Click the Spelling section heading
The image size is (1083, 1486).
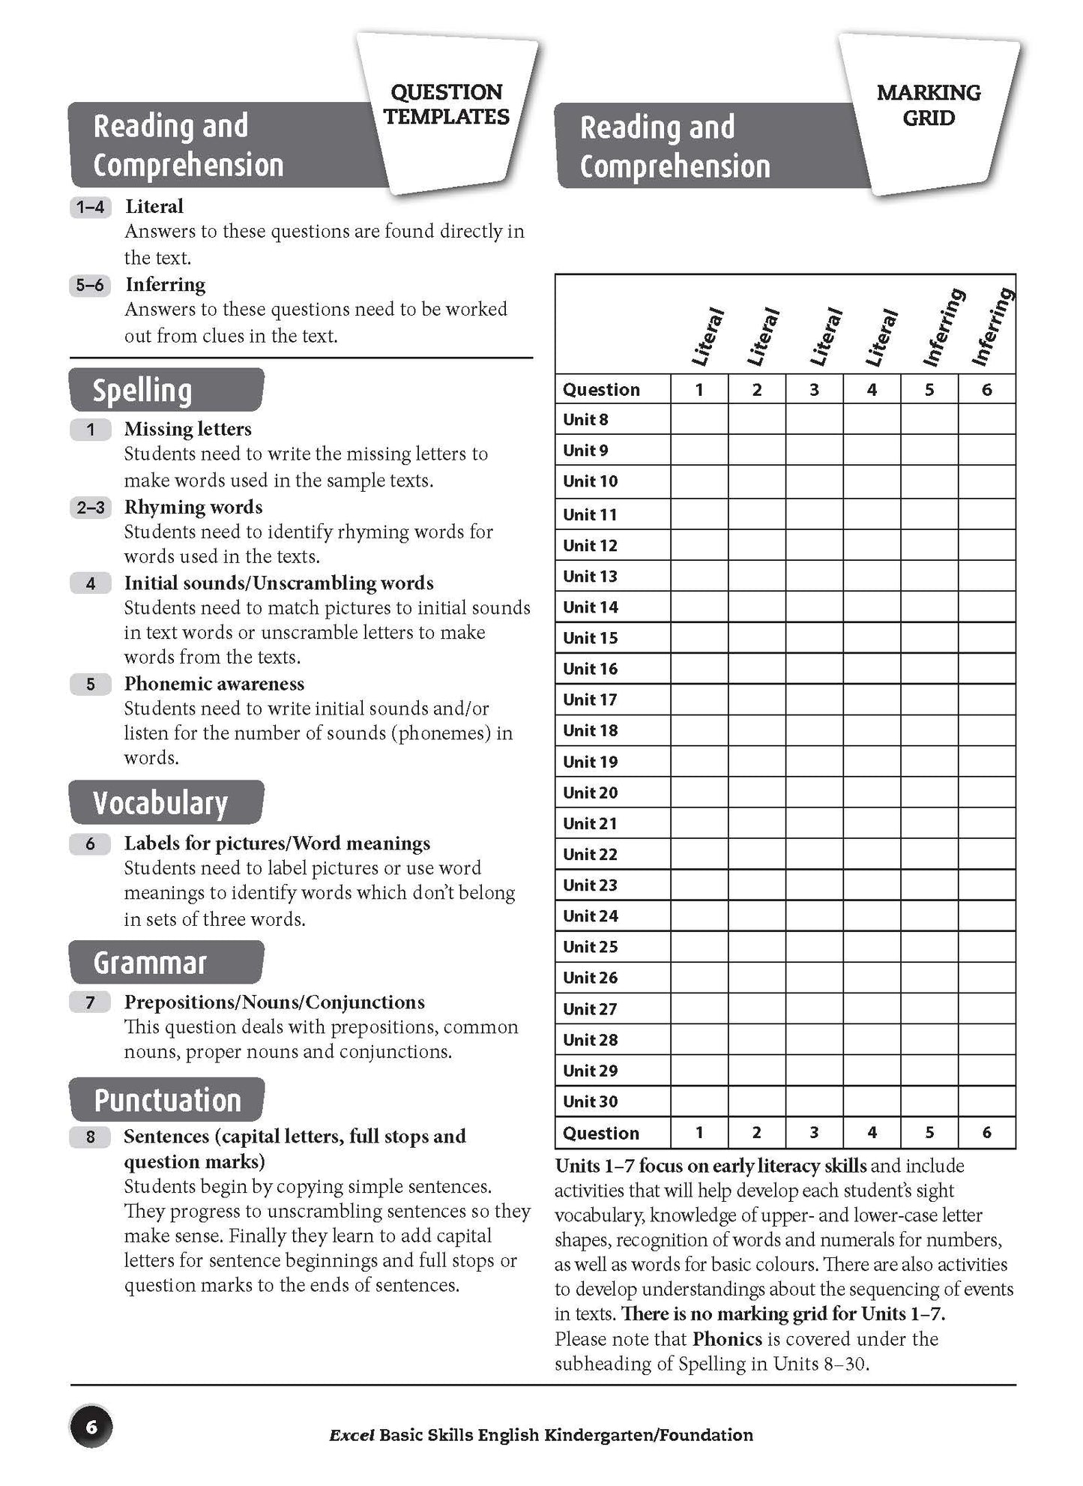tap(142, 391)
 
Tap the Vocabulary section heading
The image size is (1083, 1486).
tap(160, 802)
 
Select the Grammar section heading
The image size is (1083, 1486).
tap(149, 962)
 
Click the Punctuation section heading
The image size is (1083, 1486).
tap(167, 1100)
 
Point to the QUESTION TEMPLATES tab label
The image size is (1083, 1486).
tap(447, 104)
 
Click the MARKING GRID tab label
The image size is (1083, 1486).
tap(928, 105)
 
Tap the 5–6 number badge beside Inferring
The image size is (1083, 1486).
tap(90, 286)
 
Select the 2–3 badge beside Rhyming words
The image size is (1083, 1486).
tap(90, 508)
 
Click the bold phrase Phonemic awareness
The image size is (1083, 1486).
tap(214, 684)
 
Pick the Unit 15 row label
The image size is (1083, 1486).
tap(591, 638)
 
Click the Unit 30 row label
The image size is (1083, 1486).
tap(591, 1101)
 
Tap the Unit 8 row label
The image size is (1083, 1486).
tap(585, 420)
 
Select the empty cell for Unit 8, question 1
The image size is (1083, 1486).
tap(699, 420)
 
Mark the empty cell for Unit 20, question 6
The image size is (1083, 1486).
tap(986, 792)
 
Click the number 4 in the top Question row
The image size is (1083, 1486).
tap(872, 390)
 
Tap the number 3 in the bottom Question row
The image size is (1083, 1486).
tap(814, 1133)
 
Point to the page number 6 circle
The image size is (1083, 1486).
tap(91, 1426)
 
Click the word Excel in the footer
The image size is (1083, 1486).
tap(352, 1435)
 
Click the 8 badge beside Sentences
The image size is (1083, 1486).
tap(90, 1137)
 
